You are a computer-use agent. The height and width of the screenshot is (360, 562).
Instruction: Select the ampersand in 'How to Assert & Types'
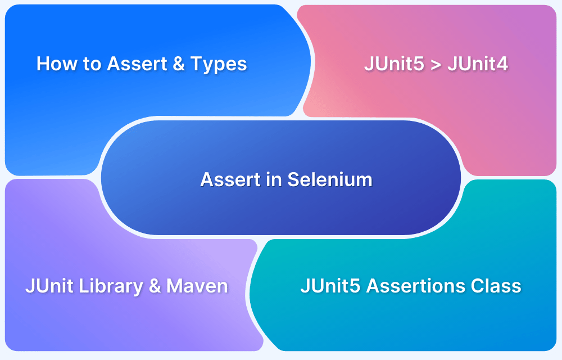click(179, 64)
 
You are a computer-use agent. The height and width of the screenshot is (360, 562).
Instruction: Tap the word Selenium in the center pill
click(330, 179)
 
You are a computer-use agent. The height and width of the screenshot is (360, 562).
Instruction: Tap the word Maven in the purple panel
click(198, 286)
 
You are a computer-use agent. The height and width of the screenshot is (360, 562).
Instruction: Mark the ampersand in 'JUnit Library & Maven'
click(155, 286)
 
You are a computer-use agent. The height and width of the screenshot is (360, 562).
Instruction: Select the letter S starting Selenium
click(293, 179)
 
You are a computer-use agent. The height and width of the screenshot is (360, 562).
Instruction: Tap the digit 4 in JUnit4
click(502, 64)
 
